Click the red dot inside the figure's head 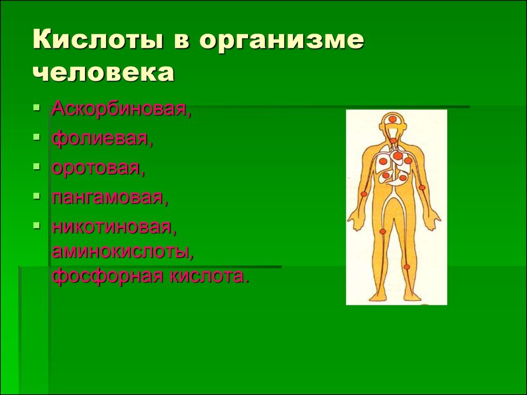tap(392, 119)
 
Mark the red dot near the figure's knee tap(407, 267)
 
